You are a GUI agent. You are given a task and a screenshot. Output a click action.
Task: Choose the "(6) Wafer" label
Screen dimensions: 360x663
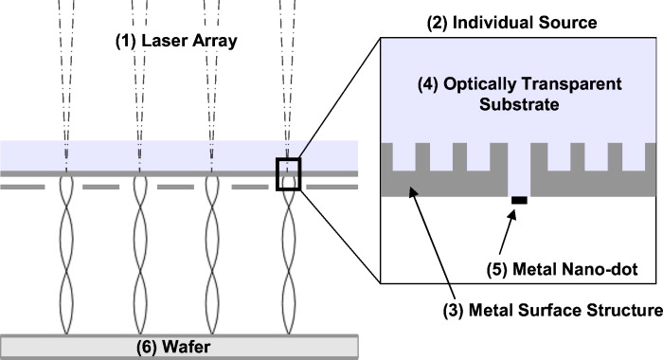pyautogui.click(x=180, y=347)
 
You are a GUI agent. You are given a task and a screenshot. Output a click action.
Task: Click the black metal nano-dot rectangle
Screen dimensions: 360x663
pyautogui.click(x=519, y=200)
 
